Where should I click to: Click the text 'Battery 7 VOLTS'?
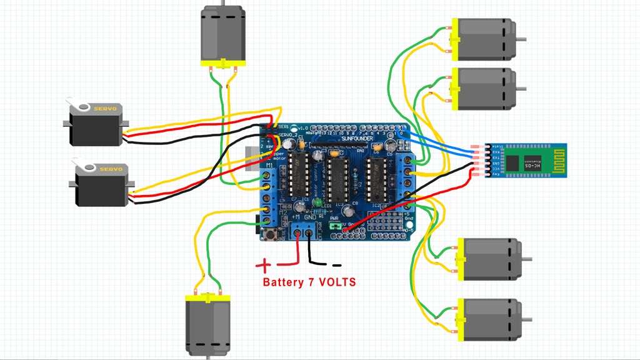pyautogui.click(x=309, y=282)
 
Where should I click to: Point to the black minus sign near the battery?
pyautogui.click(x=337, y=265)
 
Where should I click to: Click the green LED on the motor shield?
pyautogui.click(x=318, y=202)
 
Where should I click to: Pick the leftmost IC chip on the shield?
pyautogui.click(x=299, y=175)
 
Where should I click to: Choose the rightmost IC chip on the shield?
pyautogui.click(x=377, y=176)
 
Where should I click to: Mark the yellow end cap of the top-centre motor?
pyautogui.click(x=223, y=62)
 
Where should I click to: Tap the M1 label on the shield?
pyautogui.click(x=270, y=165)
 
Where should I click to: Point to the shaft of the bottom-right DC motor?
pyautogui.click(x=529, y=319)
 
